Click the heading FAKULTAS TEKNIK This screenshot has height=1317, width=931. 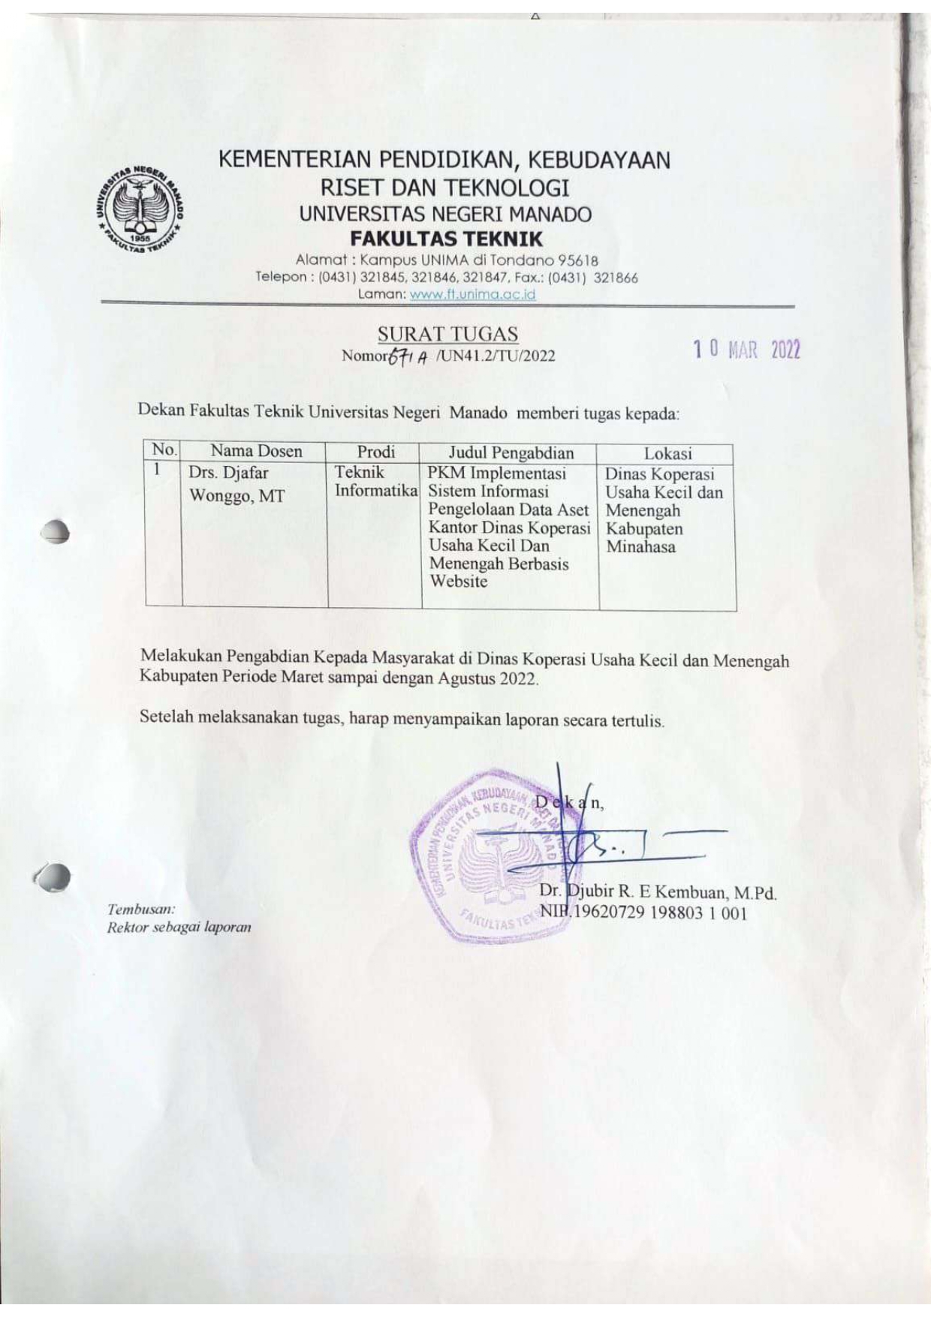446,239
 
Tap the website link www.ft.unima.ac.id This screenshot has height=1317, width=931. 472,294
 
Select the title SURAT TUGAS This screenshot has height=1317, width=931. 447,334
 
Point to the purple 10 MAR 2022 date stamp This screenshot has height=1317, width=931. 746,350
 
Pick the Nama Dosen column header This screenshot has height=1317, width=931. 256,451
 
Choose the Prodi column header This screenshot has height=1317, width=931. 375,452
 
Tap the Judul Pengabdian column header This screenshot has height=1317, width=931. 511,453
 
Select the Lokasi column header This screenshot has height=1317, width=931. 667,454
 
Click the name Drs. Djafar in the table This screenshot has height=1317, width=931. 228,473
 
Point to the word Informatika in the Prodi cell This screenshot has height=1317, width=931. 375,491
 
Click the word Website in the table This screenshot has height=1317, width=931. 458,582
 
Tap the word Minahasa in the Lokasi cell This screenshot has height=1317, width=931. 640,547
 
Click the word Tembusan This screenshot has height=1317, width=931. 141,910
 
